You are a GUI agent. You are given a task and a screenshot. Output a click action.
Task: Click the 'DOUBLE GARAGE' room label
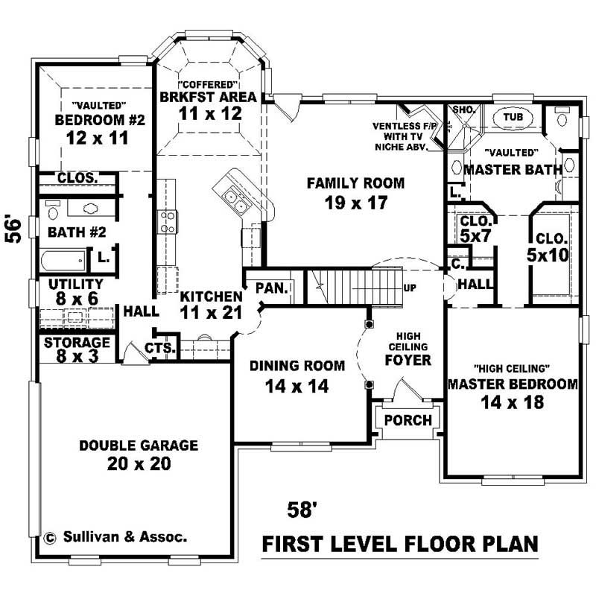139,446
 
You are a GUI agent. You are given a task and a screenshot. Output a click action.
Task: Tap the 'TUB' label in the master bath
512,118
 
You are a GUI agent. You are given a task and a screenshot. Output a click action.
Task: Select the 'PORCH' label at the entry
408,420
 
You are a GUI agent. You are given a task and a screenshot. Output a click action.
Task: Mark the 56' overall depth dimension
13,229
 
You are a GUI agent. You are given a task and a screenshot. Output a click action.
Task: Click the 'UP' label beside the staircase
409,287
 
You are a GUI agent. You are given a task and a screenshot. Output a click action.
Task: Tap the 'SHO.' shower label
463,110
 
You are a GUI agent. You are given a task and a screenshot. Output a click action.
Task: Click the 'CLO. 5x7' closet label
475,229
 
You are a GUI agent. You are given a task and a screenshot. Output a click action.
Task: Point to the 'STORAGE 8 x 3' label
77,349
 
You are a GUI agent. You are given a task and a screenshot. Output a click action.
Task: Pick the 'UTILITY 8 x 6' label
75,291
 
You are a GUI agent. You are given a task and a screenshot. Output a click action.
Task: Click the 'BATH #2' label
76,232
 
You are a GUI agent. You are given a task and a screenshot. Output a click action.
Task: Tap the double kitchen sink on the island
232,198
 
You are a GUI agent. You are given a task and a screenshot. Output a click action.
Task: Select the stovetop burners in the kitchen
166,221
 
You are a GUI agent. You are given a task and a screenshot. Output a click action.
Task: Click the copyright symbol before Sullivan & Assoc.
51,536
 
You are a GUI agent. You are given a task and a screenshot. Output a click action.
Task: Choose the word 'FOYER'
408,361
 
